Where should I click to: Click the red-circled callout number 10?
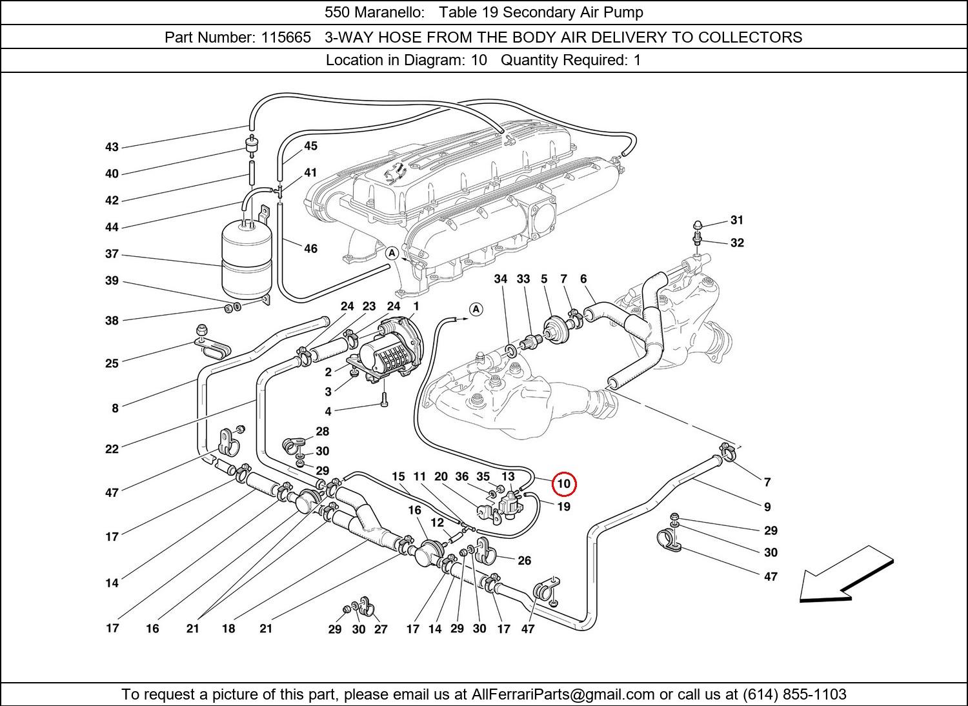tap(563, 483)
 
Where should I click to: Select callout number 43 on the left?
tap(112, 147)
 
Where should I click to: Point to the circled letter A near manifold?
tap(392, 254)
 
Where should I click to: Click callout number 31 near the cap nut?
tap(737, 220)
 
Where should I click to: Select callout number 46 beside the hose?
tap(310, 248)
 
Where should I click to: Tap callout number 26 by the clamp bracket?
tap(525, 560)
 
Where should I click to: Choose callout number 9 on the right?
tap(767, 507)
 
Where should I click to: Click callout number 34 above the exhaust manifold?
tap(501, 279)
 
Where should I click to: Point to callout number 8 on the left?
tap(115, 408)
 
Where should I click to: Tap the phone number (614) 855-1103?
tap(794, 694)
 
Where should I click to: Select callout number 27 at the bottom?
tap(381, 629)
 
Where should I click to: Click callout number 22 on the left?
tap(112, 449)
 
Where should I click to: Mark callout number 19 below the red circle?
tap(563, 507)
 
